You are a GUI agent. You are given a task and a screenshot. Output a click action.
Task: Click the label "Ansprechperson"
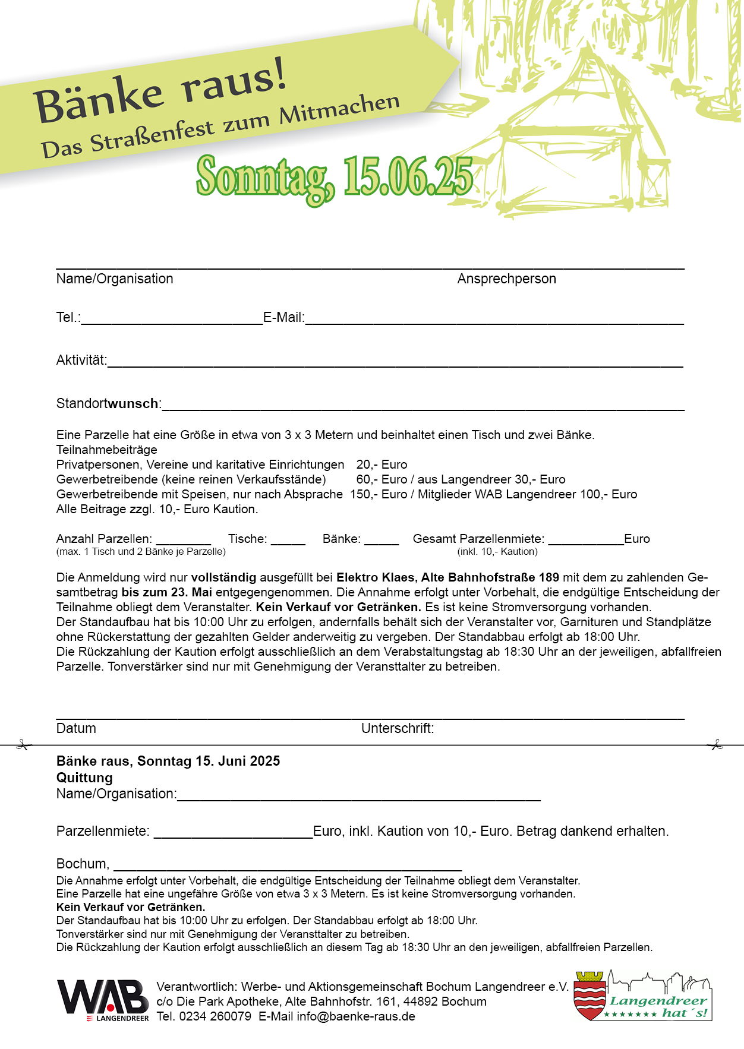pyautogui.click(x=506, y=279)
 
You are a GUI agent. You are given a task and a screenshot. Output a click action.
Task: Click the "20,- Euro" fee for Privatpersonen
pyautogui.click(x=382, y=465)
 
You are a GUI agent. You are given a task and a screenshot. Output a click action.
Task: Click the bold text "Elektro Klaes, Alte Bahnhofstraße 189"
pyautogui.click(x=447, y=577)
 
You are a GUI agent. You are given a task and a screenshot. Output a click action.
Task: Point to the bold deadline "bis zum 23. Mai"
pyautogui.click(x=166, y=592)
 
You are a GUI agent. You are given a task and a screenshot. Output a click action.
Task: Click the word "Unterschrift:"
pyautogui.click(x=398, y=728)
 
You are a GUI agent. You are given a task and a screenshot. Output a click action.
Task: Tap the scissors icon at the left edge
pyautogui.click(x=23, y=745)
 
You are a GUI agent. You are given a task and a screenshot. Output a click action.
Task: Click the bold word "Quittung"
pyautogui.click(x=84, y=778)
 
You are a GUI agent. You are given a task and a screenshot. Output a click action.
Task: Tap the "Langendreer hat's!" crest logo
pyautogui.click(x=642, y=997)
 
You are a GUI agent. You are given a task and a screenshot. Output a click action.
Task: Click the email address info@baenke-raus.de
pyautogui.click(x=355, y=1016)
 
